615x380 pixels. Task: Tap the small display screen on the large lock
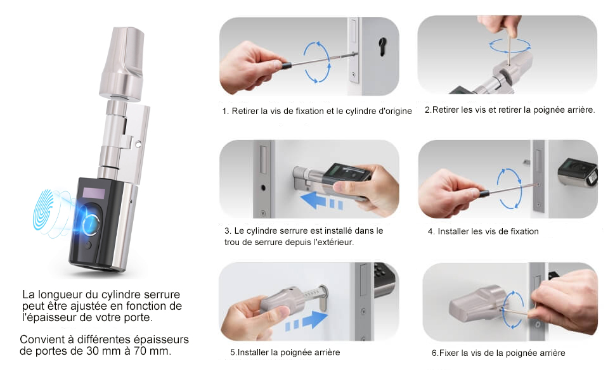[x=94, y=193]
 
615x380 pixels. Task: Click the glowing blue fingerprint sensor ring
[x=93, y=224]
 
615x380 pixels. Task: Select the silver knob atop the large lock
[x=122, y=63]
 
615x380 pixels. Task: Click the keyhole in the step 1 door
[x=382, y=46]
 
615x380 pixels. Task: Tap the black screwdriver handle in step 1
[x=286, y=65]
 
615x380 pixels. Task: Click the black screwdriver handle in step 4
[x=484, y=193]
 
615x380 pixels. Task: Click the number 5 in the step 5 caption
[x=233, y=353]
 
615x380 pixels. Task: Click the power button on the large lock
[x=88, y=245]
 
